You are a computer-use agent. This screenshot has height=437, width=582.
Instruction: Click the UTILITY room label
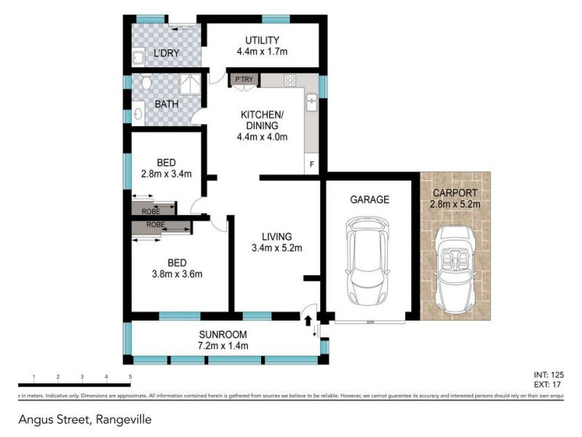pos(263,40)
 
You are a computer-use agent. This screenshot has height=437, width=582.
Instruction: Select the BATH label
pos(167,105)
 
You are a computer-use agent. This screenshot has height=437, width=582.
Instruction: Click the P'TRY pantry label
pos(242,79)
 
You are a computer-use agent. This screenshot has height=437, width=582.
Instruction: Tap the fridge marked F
pos(312,165)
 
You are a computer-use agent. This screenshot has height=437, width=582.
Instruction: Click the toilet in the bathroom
pos(145,83)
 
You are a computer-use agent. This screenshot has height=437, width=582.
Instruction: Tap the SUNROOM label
pos(223,335)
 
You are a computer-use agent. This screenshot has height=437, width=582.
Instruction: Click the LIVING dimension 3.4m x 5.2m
pos(277,248)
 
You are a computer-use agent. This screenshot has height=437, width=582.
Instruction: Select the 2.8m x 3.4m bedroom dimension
pos(167,174)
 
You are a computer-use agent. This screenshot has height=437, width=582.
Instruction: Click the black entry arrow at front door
pos(307,320)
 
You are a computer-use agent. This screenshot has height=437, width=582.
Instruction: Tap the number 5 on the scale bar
pos(130,377)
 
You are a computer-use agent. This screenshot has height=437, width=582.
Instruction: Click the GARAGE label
pos(370,199)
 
